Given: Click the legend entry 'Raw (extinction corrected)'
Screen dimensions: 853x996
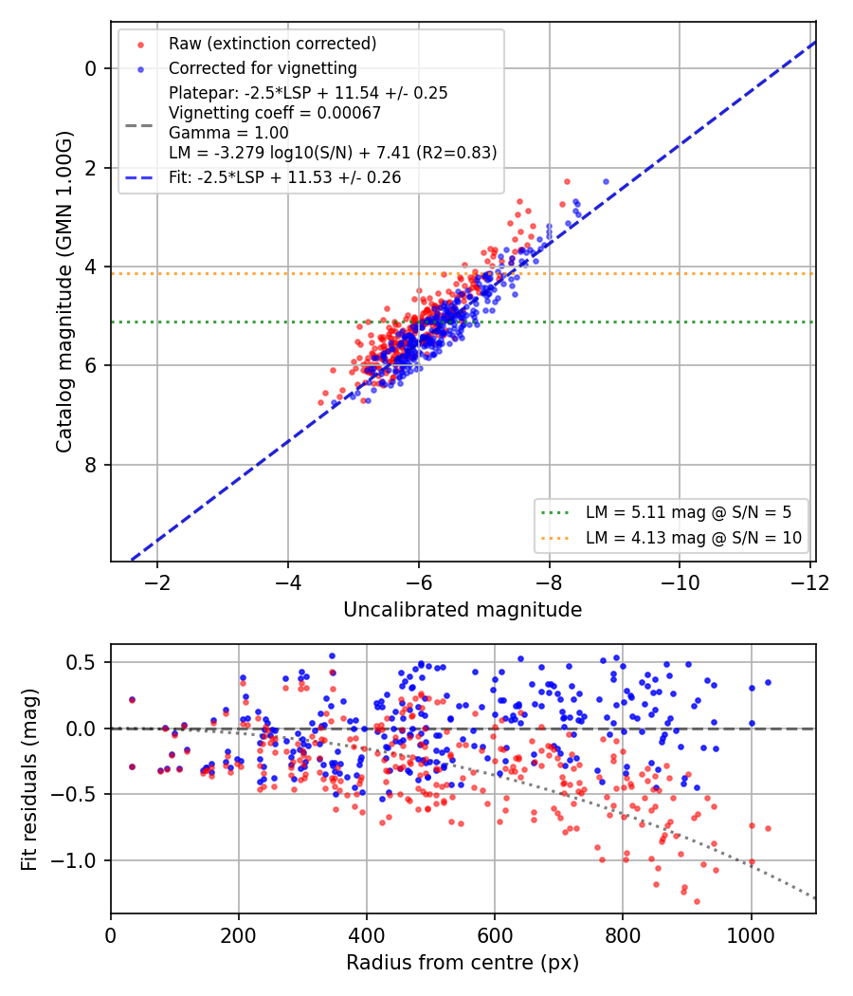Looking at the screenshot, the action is [x=272, y=44].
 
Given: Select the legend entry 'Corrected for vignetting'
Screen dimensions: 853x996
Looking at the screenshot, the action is [x=263, y=68].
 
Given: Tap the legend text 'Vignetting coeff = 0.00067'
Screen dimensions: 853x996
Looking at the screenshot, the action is [x=275, y=113].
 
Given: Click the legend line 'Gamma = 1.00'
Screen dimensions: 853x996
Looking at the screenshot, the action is [x=228, y=133].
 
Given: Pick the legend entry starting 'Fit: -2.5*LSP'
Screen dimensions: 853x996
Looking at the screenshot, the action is [x=285, y=177].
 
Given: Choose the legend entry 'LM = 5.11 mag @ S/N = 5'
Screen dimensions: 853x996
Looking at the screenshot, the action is [x=689, y=512].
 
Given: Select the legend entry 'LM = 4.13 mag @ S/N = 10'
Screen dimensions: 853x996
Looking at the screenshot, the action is [x=694, y=538].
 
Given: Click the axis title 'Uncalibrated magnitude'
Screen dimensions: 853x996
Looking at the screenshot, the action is [x=463, y=610].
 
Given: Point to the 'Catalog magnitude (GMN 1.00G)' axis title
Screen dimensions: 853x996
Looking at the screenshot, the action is [x=64, y=292].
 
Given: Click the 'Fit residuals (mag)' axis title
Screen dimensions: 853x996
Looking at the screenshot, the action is [x=28, y=780].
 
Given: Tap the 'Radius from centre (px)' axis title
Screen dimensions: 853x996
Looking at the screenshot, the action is [x=463, y=963].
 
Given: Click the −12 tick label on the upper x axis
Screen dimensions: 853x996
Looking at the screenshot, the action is [x=809, y=582].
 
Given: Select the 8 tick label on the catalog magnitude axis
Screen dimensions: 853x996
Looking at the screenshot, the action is [x=91, y=465].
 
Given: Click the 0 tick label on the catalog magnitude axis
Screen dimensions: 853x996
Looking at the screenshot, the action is [x=91, y=68].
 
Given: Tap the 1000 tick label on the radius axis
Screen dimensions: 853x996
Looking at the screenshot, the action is [x=752, y=935].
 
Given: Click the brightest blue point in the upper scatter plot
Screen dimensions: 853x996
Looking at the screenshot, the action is [x=606, y=182].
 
